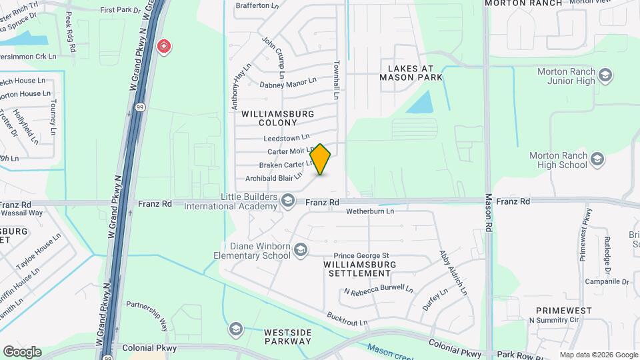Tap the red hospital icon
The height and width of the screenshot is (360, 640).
coord(163,46)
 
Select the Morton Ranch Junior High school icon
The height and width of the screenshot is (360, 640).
coord(605,75)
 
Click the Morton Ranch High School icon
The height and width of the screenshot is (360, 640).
coord(597,159)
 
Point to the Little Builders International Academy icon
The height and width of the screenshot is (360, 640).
coord(288,200)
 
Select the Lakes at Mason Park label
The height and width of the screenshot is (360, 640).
coord(411,73)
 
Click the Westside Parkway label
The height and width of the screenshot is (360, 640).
coord(287,337)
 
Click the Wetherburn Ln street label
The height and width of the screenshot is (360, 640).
coord(370,211)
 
